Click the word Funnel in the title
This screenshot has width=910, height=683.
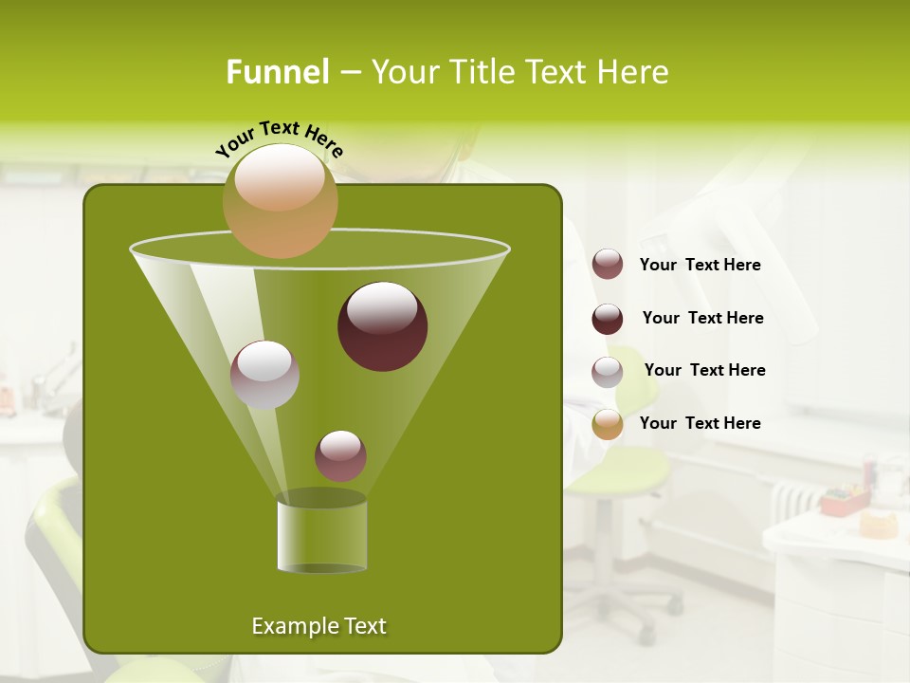277,72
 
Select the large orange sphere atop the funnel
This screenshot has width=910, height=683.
281,200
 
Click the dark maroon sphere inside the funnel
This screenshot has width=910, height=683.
383,326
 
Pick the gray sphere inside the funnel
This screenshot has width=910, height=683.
265,375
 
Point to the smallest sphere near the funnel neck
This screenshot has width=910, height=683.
341,455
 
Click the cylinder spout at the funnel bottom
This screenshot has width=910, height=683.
322,536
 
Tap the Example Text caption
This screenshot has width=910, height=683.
319,626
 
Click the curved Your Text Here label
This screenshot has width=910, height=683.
280,137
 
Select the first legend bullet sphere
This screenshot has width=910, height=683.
608,265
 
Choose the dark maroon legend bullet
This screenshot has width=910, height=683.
608,319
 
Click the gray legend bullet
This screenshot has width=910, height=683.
608,372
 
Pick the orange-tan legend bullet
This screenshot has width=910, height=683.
608,424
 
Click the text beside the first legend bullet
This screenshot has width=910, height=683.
701,266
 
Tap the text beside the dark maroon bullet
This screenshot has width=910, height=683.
703,319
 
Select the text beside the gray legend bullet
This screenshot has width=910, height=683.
705,371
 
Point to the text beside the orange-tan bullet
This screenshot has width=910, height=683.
701,424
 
